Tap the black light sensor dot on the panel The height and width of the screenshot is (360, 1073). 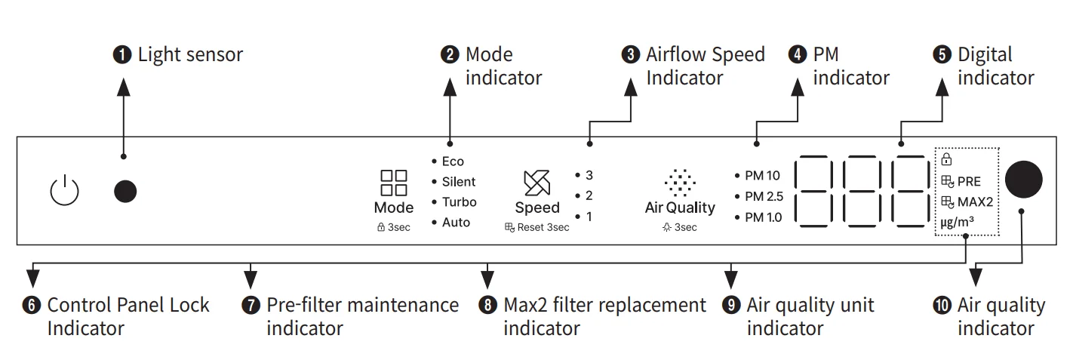pos(125,192)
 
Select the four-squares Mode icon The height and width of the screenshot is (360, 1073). pos(393,183)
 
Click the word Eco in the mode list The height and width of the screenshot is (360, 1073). pos(453,162)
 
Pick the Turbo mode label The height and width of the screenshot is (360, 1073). pos(459,202)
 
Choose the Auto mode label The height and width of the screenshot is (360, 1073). pos(456,223)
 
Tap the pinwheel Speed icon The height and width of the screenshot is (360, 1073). pos(536,183)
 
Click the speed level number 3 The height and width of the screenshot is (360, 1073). pos(589,175)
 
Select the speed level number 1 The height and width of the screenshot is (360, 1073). pos(589,217)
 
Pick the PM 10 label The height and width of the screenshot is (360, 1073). pos(762,176)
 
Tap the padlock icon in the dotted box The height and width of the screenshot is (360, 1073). pos(946,159)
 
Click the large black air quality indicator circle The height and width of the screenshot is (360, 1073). pos(1023,180)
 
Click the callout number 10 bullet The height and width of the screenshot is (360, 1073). pos(943,306)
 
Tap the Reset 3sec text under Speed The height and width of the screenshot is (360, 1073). pos(543,227)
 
